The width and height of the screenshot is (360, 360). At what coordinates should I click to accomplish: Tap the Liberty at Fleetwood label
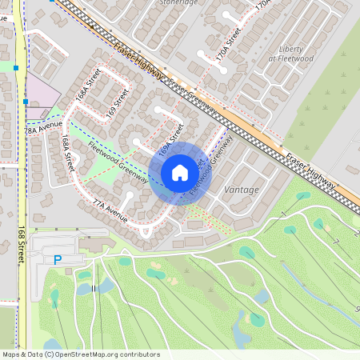pos(290,54)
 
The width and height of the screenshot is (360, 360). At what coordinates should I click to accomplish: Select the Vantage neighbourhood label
pos(242,190)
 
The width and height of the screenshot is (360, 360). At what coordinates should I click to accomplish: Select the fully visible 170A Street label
pos(233,42)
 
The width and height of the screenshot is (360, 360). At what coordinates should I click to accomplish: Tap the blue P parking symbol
pos(57,260)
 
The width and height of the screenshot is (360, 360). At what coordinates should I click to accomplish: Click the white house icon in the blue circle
pos(180,173)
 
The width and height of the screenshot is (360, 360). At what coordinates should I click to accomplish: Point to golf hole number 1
pos(283,214)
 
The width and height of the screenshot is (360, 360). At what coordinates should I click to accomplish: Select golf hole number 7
pos(337,241)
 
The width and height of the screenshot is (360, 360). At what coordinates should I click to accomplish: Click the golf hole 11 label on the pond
pos(94,288)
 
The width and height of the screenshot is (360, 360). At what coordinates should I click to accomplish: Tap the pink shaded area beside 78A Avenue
pos(42,92)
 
